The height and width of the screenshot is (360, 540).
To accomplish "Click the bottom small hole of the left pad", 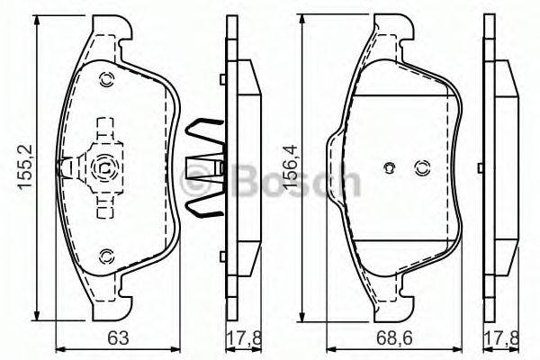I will tap(106, 255).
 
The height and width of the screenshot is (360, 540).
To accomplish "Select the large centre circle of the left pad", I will tap(103, 166).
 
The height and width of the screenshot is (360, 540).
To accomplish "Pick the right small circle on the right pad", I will tap(420, 167).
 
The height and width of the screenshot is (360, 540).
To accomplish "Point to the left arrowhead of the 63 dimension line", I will tap(59, 348).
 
